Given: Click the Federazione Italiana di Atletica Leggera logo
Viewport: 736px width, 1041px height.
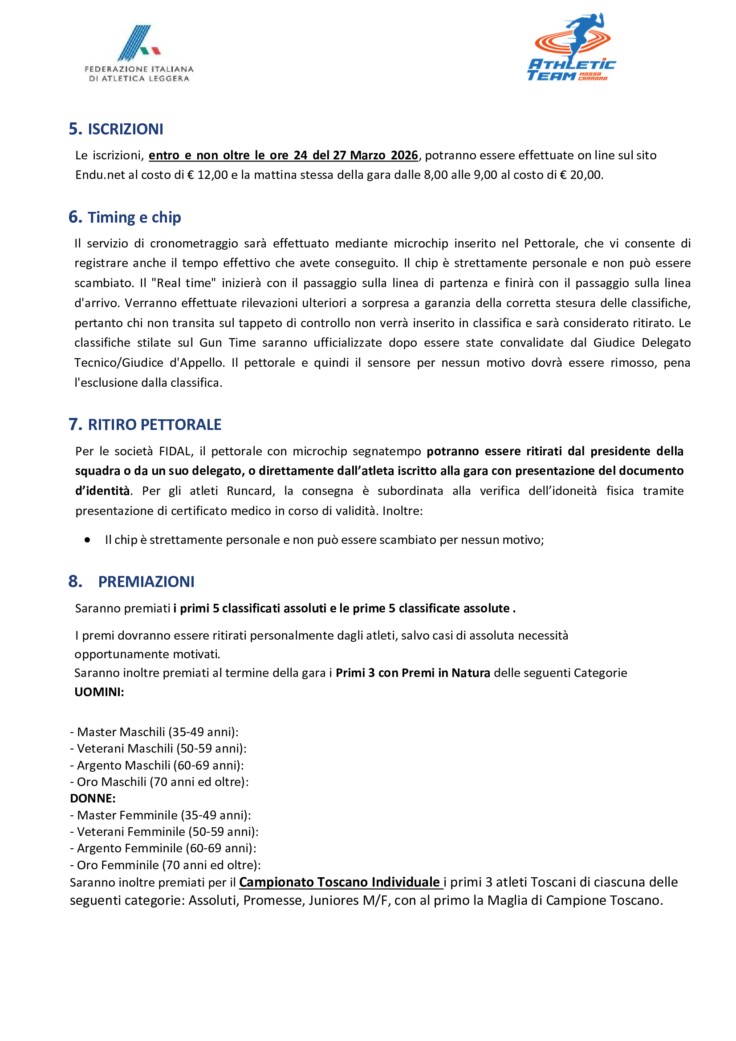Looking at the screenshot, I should coord(138,53).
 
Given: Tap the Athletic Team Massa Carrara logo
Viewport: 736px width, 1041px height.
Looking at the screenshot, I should coord(571,48).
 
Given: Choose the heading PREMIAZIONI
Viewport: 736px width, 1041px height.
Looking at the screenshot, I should coord(146,581).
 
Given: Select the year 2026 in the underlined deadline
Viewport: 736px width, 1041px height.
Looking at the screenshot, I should coord(404,155).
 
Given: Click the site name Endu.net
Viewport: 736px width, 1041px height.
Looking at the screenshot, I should coord(100,175).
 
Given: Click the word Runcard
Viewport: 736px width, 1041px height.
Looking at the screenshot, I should coord(251,491).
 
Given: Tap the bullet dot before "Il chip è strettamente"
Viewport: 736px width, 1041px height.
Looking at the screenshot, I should coord(87,540).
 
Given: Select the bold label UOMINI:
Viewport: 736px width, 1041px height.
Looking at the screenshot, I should coord(99,692).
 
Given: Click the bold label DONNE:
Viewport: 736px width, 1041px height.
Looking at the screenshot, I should coord(93,798).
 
